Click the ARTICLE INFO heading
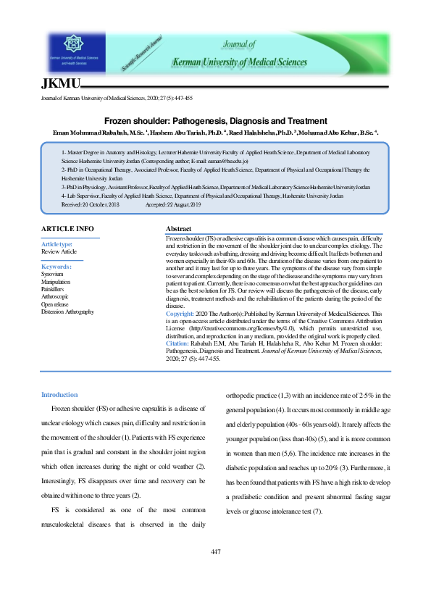pos(67,229)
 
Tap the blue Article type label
pos(57,245)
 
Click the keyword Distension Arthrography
pos(67,312)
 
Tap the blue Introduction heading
pos(59,394)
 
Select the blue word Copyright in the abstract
pos(180,314)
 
